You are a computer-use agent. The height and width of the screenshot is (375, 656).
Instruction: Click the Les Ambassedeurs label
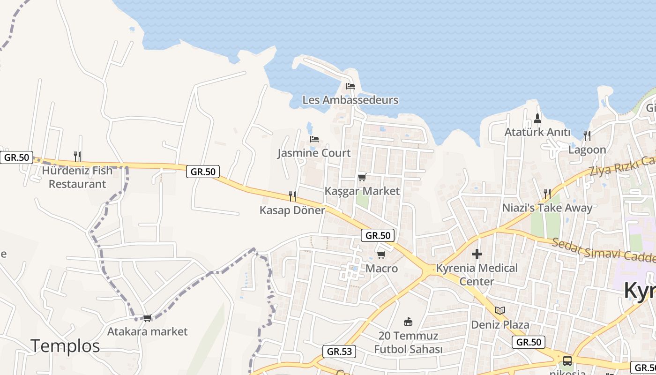pyautogui.click(x=350, y=100)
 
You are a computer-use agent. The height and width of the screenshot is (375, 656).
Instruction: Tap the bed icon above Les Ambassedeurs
pyautogui.click(x=350, y=86)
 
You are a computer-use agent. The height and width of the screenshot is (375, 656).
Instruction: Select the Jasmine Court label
pyautogui.click(x=314, y=153)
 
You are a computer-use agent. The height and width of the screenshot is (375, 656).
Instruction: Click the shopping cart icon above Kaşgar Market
pyautogui.click(x=362, y=177)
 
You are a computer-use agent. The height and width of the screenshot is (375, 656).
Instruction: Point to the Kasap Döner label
pyautogui.click(x=292, y=210)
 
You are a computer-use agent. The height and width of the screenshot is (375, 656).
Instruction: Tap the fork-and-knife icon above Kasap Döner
pyautogui.click(x=292, y=196)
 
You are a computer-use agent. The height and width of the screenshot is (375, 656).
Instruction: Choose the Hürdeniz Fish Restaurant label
pyautogui.click(x=77, y=177)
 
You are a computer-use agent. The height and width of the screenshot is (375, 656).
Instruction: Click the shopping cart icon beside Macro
pyautogui.click(x=381, y=255)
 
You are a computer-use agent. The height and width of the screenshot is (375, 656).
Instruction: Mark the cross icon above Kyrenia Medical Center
pyautogui.click(x=477, y=254)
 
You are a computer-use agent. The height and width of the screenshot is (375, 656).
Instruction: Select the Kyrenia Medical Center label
pyautogui.click(x=477, y=275)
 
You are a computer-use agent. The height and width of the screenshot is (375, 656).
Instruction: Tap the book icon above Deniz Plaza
pyautogui.click(x=500, y=310)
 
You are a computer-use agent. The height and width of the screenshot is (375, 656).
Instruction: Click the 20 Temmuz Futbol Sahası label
pyautogui.click(x=408, y=343)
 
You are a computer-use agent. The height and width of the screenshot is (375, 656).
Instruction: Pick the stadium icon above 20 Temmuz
pyautogui.click(x=408, y=322)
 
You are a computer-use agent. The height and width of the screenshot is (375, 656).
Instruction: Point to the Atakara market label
pyautogui.click(x=147, y=331)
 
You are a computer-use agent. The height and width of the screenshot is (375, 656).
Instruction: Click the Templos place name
pyautogui.click(x=66, y=346)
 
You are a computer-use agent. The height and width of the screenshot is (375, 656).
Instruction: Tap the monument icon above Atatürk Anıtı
pyautogui.click(x=537, y=118)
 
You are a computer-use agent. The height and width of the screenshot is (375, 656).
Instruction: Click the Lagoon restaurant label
pyautogui.click(x=587, y=150)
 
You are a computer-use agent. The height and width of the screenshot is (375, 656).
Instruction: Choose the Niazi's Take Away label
pyautogui.click(x=547, y=208)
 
